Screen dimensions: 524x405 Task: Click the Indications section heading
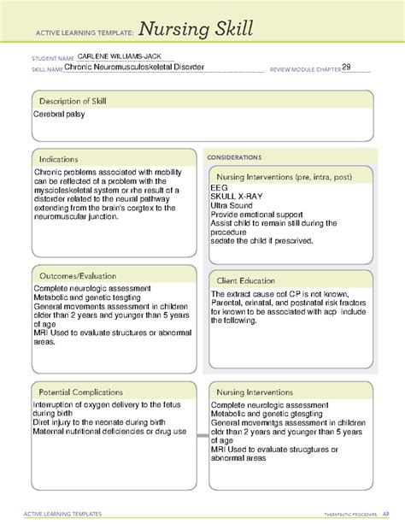click(59, 159)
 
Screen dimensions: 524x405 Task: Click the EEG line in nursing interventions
click(218, 188)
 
